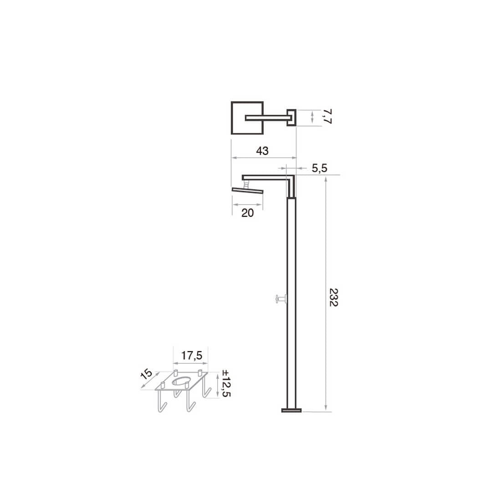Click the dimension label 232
tap(333, 297)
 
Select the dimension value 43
tap(262, 150)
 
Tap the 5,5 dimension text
tap(320, 168)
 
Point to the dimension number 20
tap(247, 213)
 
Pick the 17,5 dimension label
tap(192, 355)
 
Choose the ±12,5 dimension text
tap(226, 383)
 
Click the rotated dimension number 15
tap(147, 374)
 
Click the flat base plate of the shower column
tap(291, 410)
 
